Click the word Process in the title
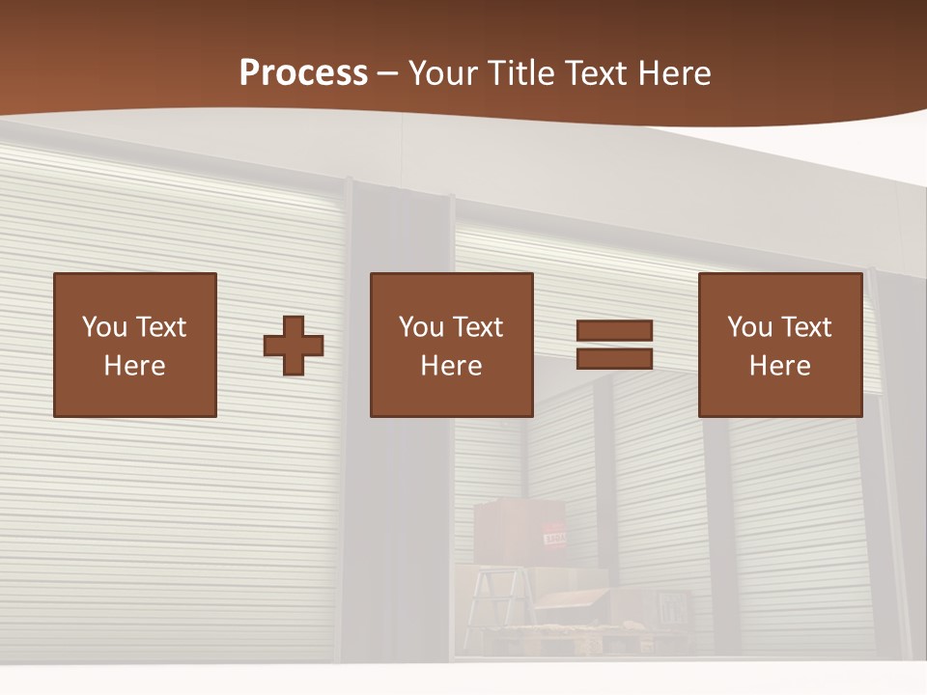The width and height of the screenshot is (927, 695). (x=303, y=73)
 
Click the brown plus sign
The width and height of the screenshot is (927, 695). (x=294, y=345)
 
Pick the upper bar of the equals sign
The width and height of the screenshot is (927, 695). (x=614, y=331)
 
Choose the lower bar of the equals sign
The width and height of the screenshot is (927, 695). (x=614, y=358)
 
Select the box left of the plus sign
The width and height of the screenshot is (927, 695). (x=135, y=345)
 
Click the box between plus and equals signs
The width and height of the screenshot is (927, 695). (x=452, y=345)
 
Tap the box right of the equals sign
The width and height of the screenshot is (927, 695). (x=780, y=345)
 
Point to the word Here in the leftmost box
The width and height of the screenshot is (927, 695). (x=135, y=366)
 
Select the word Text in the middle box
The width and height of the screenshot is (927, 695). (x=477, y=327)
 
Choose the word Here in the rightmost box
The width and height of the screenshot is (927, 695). (x=780, y=366)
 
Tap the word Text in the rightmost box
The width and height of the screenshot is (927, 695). (x=805, y=327)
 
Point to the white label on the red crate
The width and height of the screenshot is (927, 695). (x=555, y=539)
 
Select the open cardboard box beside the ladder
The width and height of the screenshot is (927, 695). (x=574, y=603)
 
